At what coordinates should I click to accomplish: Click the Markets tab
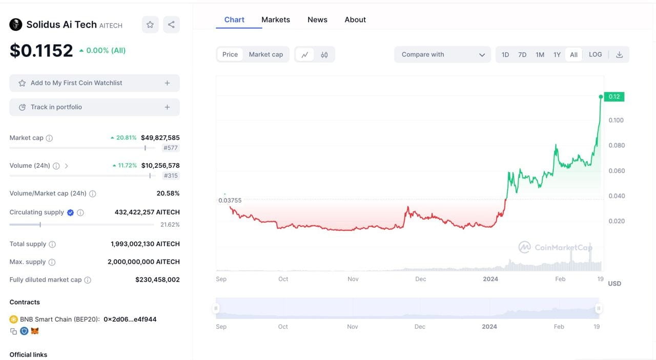[x=275, y=19]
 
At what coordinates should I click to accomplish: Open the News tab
[x=317, y=19]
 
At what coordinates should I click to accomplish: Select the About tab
[x=355, y=19]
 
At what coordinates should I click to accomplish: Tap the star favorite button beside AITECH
[x=150, y=25]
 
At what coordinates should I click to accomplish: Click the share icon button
[x=171, y=25]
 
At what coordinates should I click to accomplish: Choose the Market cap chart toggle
[x=265, y=54]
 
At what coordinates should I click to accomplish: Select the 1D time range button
[x=505, y=54]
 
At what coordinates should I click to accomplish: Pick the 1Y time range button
[x=557, y=54]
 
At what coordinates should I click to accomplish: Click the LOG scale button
[x=595, y=54]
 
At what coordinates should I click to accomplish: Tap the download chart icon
[x=619, y=54]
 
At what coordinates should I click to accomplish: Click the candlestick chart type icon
[x=324, y=54]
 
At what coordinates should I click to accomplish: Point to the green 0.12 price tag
[x=614, y=96]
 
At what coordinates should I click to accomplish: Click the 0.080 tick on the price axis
[x=617, y=145]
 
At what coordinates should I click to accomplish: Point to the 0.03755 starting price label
[x=230, y=201]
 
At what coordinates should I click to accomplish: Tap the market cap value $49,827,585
[x=160, y=137]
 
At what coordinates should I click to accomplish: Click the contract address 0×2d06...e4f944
[x=130, y=319]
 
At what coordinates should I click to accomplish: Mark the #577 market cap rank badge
[x=171, y=148]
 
